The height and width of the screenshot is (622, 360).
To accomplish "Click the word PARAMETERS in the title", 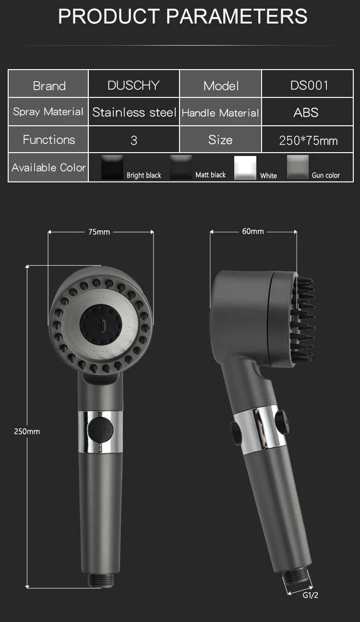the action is (237, 16).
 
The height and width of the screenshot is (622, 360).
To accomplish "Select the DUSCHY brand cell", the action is (133, 84).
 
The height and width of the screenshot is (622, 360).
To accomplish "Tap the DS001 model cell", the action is (308, 84).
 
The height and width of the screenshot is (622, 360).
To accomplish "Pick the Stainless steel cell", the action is (133, 112).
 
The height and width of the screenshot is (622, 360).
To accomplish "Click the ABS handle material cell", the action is (308, 112).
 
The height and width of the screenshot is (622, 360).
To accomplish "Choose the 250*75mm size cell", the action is (308, 139).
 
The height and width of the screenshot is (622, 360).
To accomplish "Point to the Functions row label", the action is (48, 139).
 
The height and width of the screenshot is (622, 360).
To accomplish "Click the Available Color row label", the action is (48, 167).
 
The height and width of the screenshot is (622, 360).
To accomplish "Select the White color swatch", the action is (245, 167).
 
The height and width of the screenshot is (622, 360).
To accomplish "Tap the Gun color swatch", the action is (298, 167).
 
